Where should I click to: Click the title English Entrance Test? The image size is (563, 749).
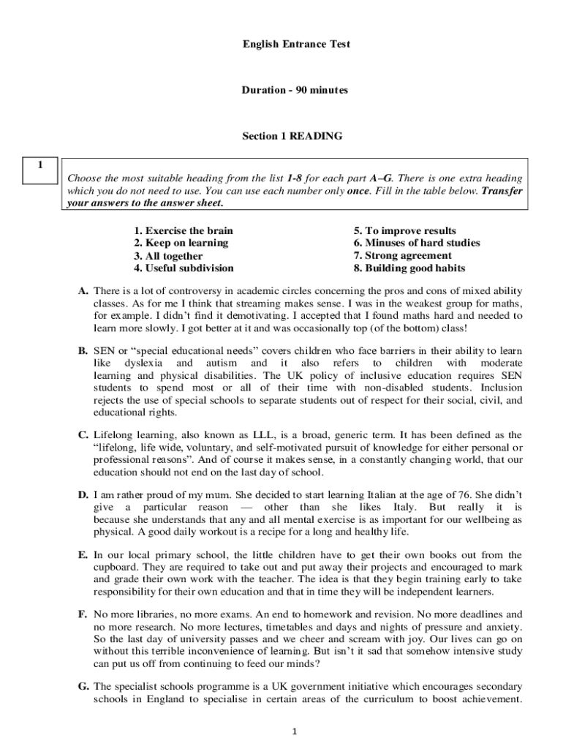pyautogui.click(x=296, y=45)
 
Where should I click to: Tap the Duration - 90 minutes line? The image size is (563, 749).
pyautogui.click(x=295, y=90)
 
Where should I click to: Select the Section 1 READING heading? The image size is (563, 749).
pyautogui.click(x=295, y=136)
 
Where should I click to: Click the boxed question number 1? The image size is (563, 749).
pyautogui.click(x=41, y=165)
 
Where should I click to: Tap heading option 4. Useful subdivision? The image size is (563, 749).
pyautogui.click(x=184, y=268)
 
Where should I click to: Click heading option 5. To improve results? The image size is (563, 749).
pyautogui.click(x=404, y=230)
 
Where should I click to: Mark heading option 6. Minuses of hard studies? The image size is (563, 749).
pyautogui.click(x=417, y=243)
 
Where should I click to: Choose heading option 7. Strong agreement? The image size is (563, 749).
pyautogui.click(x=402, y=256)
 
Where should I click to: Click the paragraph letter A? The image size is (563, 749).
pyautogui.click(x=83, y=291)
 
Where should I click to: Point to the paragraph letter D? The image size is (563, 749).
pyautogui.click(x=83, y=495)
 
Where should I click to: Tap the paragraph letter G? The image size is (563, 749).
pyautogui.click(x=83, y=686)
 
